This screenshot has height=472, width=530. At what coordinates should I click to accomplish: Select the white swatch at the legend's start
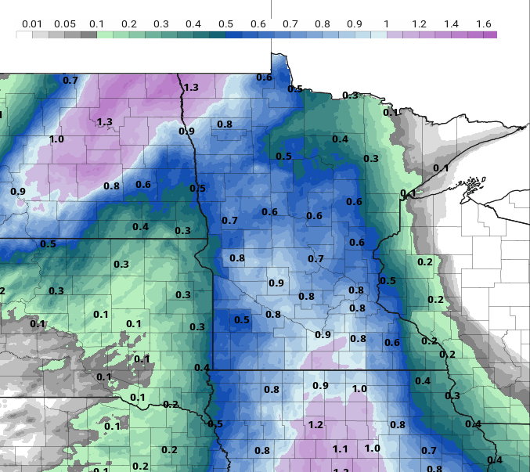point(23,34)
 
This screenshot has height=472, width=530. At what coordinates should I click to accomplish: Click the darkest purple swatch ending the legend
point(490,34)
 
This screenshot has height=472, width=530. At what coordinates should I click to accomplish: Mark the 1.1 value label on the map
point(340,449)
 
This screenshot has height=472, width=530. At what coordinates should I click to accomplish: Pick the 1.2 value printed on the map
point(316,425)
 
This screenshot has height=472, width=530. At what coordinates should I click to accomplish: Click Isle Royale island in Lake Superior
point(471,186)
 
